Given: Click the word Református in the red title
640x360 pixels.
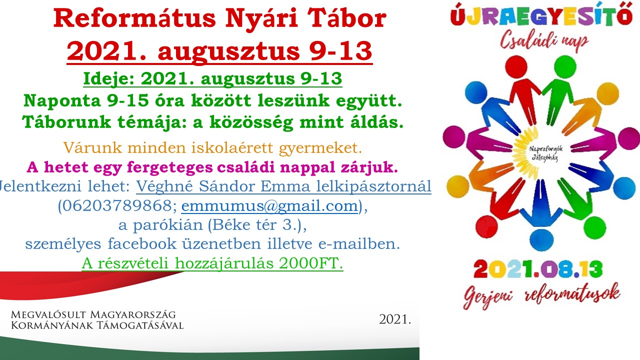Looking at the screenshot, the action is (x=134, y=18).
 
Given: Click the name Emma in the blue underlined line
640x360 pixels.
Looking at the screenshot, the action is (x=285, y=186).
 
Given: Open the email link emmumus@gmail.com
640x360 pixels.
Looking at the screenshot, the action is (x=269, y=205).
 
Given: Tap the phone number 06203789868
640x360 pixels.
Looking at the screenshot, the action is (x=117, y=205).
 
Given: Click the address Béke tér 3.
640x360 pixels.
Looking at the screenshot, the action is (x=255, y=225).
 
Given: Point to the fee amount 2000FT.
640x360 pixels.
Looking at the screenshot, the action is (x=310, y=263).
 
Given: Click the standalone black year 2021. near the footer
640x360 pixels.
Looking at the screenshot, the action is (x=395, y=319).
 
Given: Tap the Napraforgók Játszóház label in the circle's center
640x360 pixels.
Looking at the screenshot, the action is (x=545, y=153).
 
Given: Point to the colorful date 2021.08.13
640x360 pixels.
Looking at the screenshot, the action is (x=538, y=269).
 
